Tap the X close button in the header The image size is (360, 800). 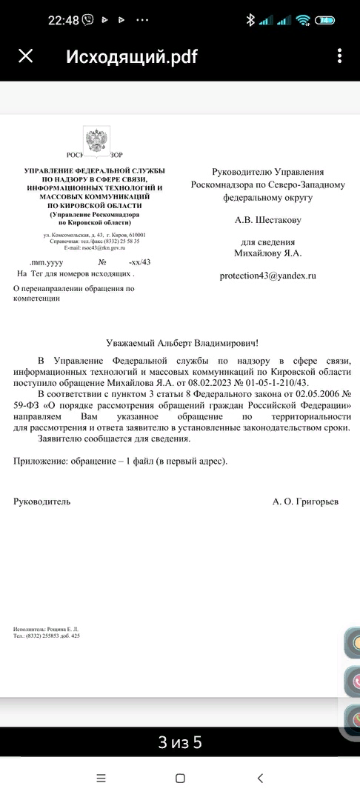tap(26, 56)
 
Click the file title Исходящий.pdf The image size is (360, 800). tap(132, 56)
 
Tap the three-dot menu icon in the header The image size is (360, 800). tap(339, 56)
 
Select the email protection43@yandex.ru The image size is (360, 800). tap(267, 276)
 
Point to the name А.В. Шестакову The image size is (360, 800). tap(267, 219)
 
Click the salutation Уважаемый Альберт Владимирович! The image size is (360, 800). tap(180, 343)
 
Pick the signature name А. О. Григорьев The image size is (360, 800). tap(305, 501)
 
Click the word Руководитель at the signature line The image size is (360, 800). tap(42, 501)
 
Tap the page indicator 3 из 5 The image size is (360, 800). tap(180, 741)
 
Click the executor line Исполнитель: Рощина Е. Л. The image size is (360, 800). tap(46, 629)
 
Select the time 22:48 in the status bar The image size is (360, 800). tap(64, 20)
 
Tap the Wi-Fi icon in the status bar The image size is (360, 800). tap(303, 20)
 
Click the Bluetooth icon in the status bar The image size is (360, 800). tap(250, 20)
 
